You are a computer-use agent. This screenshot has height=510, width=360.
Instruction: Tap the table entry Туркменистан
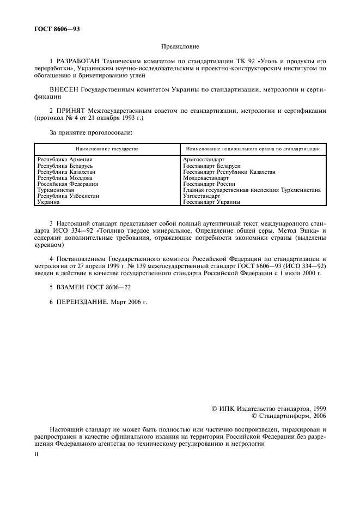[x=57, y=190]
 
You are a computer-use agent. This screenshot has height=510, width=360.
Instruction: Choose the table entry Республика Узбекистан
[x=68, y=196]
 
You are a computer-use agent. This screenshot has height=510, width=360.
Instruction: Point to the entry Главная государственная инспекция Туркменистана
[x=252, y=190]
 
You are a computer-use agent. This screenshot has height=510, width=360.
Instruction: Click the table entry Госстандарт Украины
[x=212, y=202]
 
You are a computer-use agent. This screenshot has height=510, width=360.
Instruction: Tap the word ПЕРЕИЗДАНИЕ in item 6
[x=81, y=301]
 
